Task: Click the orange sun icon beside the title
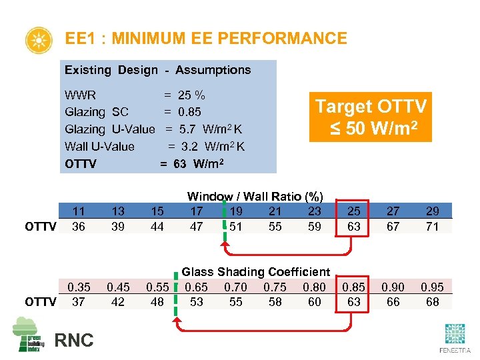[38, 41]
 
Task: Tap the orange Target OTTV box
[371, 117]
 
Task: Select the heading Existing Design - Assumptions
[157, 70]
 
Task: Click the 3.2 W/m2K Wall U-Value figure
[207, 147]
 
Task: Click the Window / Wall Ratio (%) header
[255, 196]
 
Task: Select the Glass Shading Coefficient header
[256, 271]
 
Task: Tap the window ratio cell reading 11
[79, 211]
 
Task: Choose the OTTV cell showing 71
[432, 226]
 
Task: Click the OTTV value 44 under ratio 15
[157, 226]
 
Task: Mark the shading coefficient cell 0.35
[79, 287]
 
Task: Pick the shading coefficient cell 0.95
[432, 287]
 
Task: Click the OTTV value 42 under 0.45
[117, 301]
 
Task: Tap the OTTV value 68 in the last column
[432, 301]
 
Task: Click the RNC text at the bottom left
[74, 340]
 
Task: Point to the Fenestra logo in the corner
[454, 339]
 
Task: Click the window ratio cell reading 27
[393, 211]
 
